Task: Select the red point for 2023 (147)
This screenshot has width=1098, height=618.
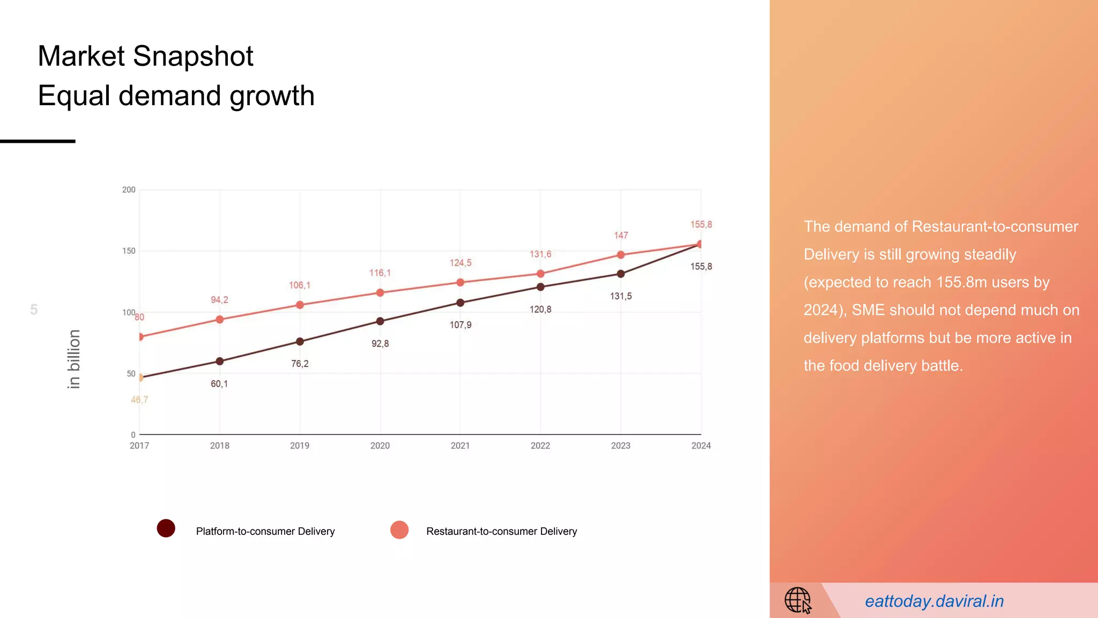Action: tap(620, 255)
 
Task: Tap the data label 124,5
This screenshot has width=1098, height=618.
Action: tap(461, 263)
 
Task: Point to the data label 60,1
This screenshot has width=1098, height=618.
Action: tap(219, 384)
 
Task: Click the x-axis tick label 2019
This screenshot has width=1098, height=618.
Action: tap(300, 446)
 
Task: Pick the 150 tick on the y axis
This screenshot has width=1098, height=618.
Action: tap(129, 251)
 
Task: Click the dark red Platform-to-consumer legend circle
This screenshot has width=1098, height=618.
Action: tap(166, 528)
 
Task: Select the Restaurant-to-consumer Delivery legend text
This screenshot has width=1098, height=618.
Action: tap(501, 531)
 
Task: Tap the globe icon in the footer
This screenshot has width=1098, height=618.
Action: tap(798, 600)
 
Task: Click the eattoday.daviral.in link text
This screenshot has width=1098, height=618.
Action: tap(934, 601)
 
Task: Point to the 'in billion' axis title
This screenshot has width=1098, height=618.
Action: tap(74, 359)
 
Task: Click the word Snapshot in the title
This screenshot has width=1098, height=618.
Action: tap(193, 56)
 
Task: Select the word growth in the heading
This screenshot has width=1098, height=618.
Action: tap(272, 96)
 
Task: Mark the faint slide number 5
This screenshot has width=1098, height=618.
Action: tap(34, 310)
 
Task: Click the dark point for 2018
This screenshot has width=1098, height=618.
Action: tap(219, 361)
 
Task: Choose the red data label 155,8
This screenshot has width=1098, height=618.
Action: tap(701, 225)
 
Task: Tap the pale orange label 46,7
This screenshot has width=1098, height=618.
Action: tap(139, 400)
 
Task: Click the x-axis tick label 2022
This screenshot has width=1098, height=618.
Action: tap(540, 446)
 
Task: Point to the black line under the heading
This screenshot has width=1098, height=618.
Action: tap(38, 141)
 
